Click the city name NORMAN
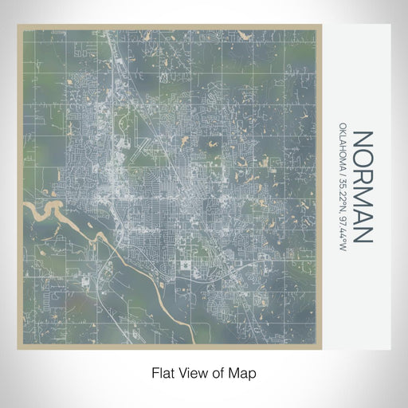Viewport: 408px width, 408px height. click(362, 187)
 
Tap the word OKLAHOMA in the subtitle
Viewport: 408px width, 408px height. click(343, 150)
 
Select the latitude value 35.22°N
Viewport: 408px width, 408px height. click(343, 198)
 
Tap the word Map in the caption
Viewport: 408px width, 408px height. click(244, 372)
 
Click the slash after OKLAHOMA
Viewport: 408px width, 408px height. click(343, 178)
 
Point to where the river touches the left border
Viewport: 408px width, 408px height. click(23, 208)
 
